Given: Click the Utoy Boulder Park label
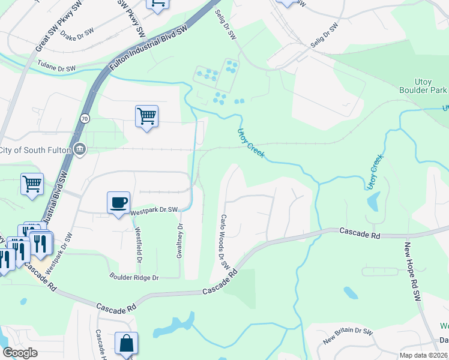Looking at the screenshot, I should click(x=423, y=86).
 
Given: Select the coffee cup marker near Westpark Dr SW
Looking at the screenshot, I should click(x=118, y=202).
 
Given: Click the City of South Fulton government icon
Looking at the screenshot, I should click(x=79, y=149).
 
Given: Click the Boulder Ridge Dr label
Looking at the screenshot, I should click(x=134, y=278).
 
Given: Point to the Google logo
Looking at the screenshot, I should click(x=20, y=353).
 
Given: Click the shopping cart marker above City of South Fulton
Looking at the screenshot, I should click(x=146, y=115).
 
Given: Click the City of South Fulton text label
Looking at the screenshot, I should click(x=35, y=149).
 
